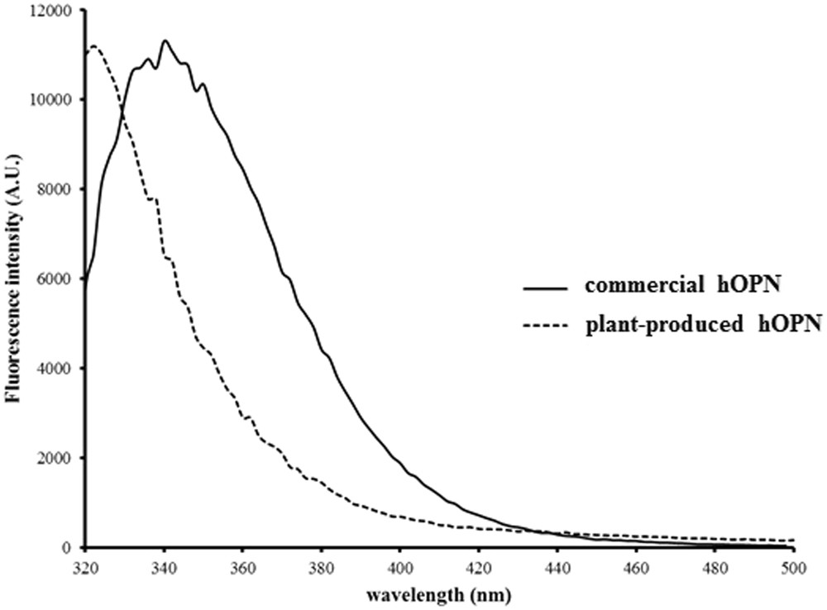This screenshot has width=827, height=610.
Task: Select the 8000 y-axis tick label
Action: click(56, 189)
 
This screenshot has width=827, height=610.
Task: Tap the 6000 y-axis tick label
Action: click(56, 279)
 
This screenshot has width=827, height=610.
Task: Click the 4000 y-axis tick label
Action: click(56, 369)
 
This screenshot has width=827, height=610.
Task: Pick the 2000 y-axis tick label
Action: click(56, 458)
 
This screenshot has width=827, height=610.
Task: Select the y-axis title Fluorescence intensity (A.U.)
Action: click(14, 279)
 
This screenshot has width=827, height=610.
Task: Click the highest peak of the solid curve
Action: click(165, 41)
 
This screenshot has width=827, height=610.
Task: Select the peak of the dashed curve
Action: click(93, 46)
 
